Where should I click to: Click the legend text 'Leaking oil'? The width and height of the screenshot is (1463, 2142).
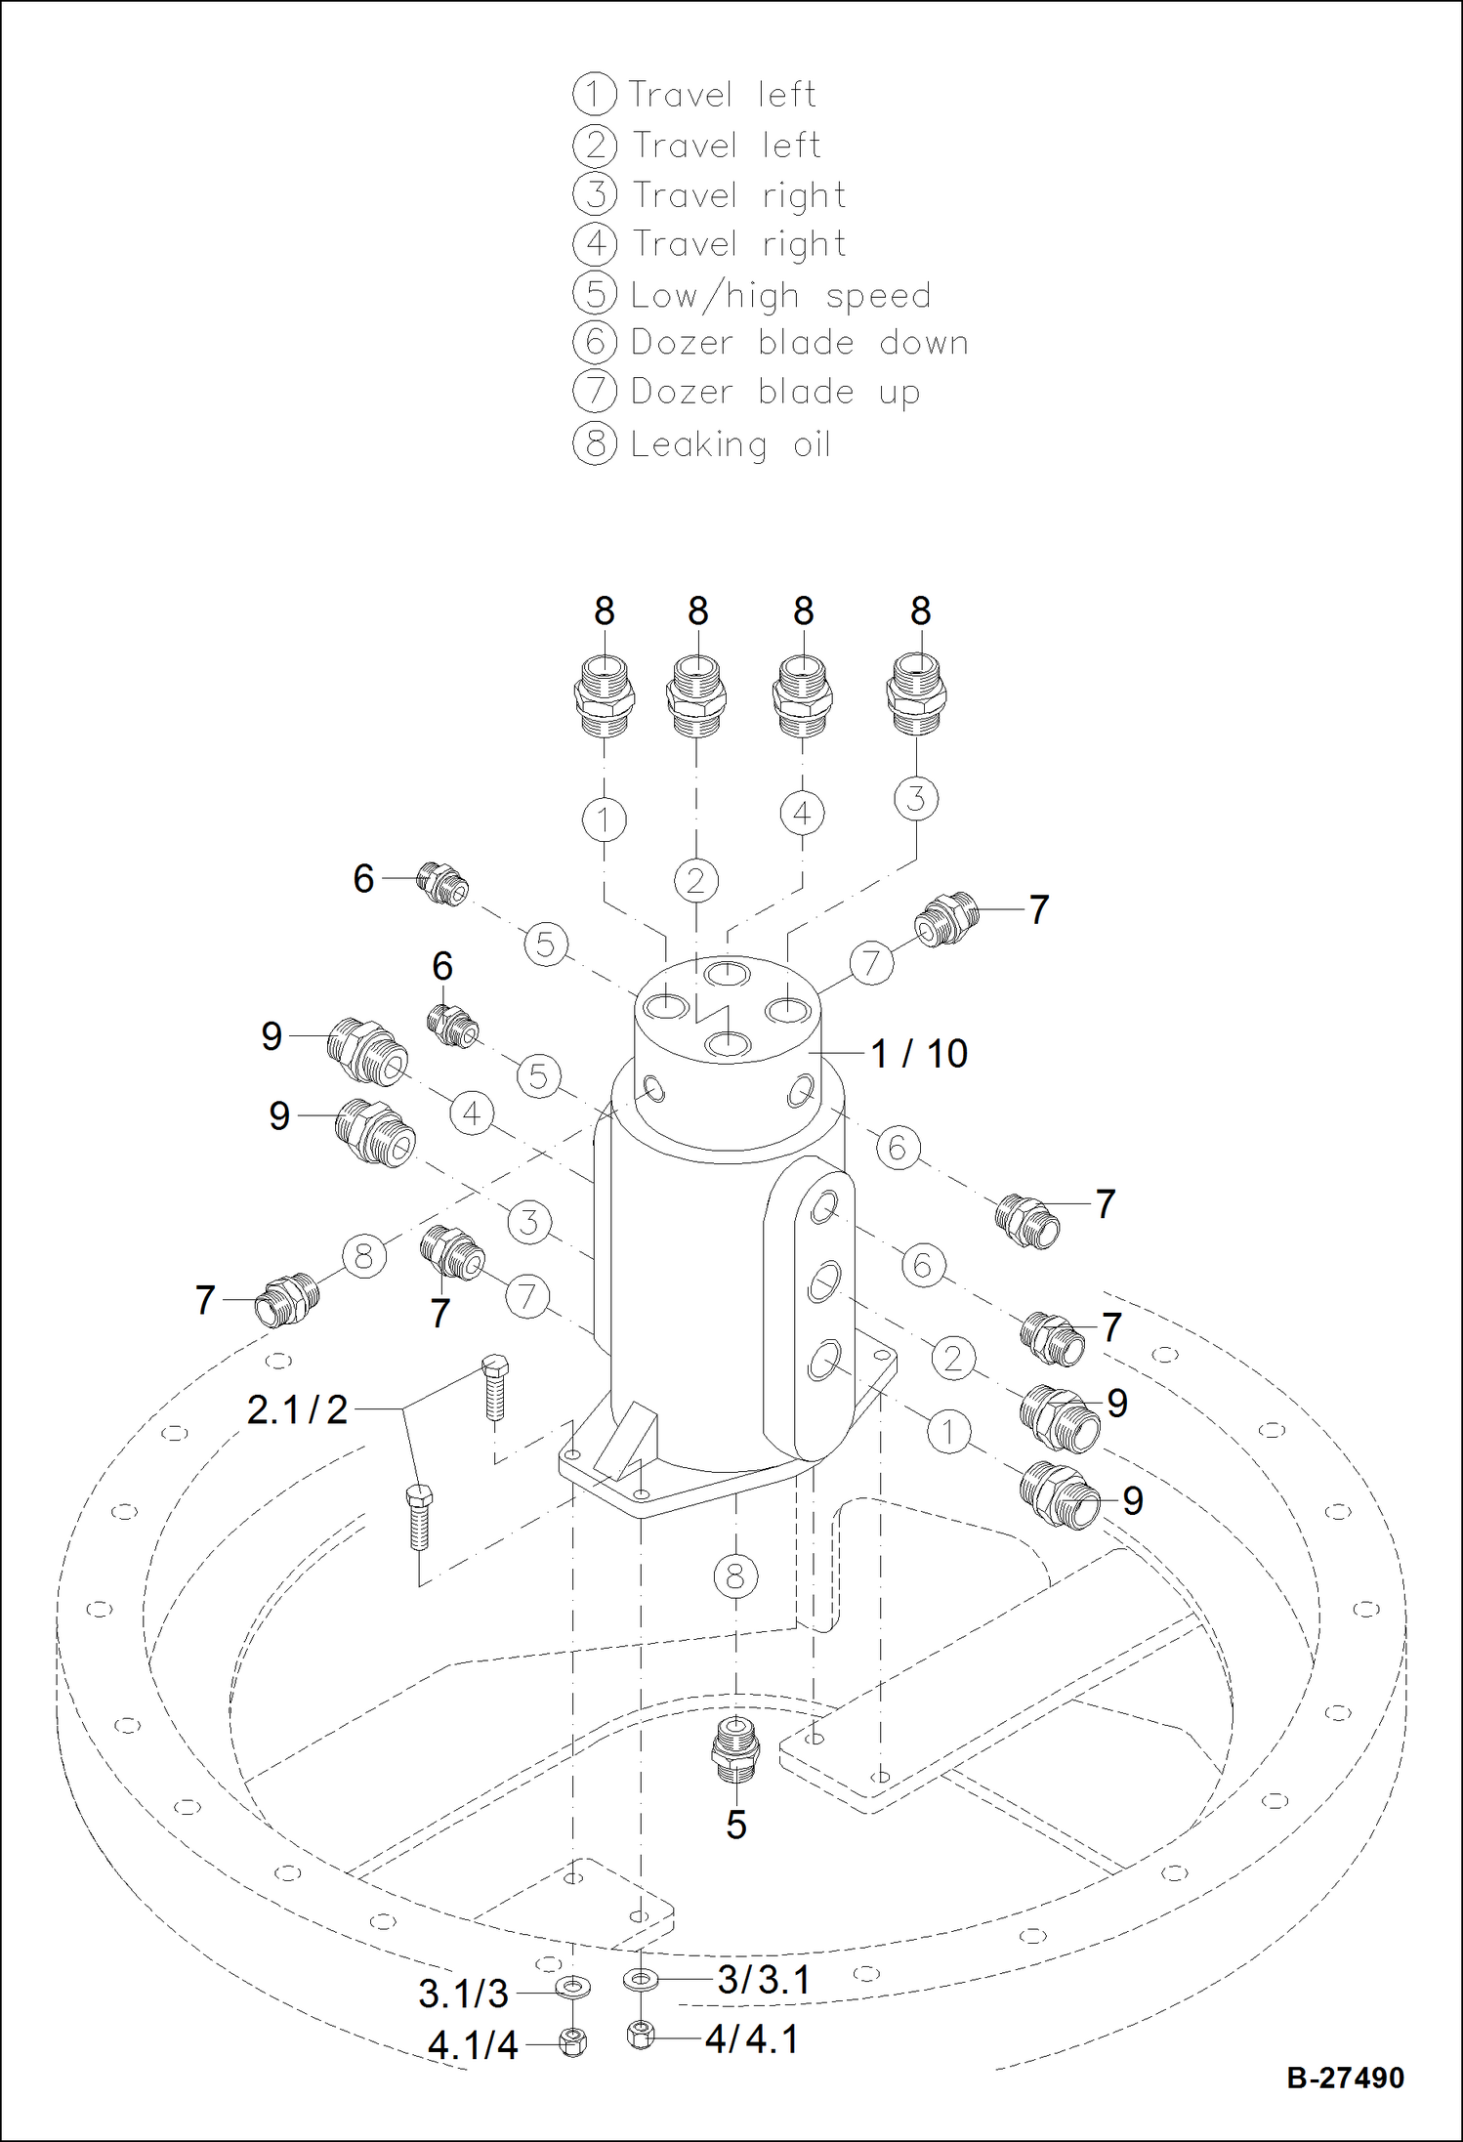(x=731, y=444)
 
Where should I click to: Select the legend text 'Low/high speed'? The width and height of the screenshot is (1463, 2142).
(x=780, y=295)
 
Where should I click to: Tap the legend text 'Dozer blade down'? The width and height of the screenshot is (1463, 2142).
(x=799, y=343)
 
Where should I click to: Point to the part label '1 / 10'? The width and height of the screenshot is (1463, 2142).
(x=918, y=1054)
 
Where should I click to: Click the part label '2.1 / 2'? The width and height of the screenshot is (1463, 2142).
(x=297, y=1410)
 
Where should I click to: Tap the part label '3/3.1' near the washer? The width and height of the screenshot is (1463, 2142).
(x=764, y=1980)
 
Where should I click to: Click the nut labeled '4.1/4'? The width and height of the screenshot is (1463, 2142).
(x=573, y=2041)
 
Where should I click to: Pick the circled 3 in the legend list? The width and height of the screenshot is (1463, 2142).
(x=595, y=194)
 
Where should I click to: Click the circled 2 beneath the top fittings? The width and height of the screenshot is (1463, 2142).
(x=695, y=881)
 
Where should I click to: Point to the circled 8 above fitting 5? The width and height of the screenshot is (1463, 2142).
(x=734, y=1575)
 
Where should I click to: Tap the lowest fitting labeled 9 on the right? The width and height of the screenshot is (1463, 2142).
(x=1058, y=1496)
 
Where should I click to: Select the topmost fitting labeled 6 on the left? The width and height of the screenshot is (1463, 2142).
(x=442, y=883)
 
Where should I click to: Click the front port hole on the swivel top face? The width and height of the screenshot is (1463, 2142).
(x=727, y=1044)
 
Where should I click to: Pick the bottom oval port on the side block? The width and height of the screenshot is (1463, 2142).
(x=823, y=1360)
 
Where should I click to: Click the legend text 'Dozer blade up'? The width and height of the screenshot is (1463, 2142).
(x=775, y=393)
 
